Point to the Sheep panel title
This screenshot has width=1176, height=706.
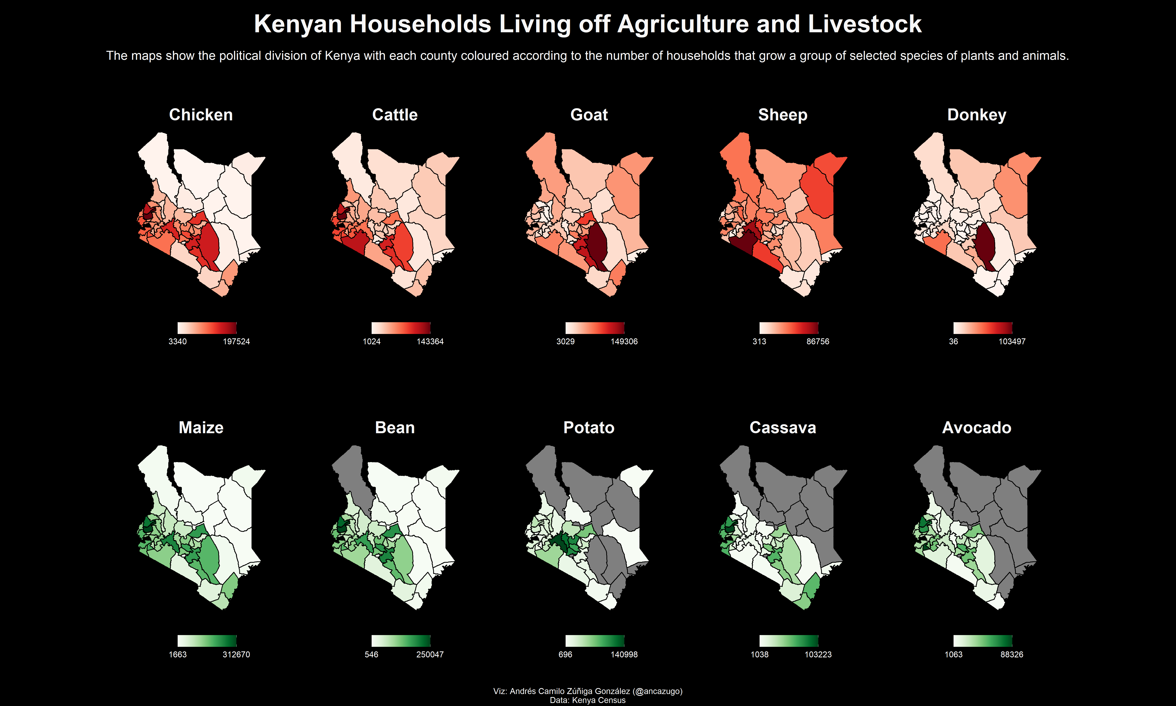(783, 115)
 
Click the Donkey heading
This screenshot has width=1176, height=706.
(977, 115)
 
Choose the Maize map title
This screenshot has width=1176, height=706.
(201, 428)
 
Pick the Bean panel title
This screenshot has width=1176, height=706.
(395, 428)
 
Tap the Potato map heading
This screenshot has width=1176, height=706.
(589, 428)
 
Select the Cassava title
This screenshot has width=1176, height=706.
(783, 428)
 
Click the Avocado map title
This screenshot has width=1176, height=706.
(977, 428)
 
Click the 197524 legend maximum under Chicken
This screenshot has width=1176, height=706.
(236, 342)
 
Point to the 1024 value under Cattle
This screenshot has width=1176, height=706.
(372, 342)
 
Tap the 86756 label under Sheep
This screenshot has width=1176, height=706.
(818, 342)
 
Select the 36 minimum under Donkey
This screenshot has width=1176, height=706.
(954, 342)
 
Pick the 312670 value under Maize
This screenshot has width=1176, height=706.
(236, 655)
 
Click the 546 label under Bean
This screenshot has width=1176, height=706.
(372, 655)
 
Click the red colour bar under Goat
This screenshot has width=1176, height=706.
(595, 328)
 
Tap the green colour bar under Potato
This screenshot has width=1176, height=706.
(595, 641)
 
